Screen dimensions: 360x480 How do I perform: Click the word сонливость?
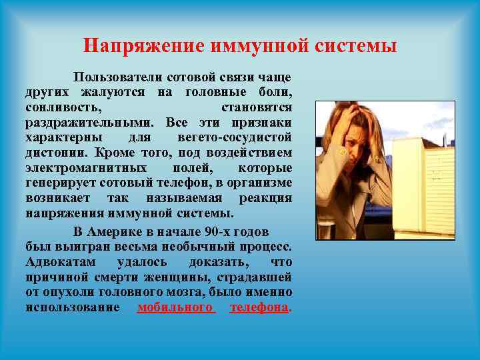(64, 107)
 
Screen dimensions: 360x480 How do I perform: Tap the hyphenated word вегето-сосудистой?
(235, 137)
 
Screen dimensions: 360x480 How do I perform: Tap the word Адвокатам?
(61, 261)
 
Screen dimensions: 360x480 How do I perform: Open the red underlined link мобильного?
(176, 307)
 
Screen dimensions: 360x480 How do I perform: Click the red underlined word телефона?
(259, 307)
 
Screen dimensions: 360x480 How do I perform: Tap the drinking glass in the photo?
(325, 227)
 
